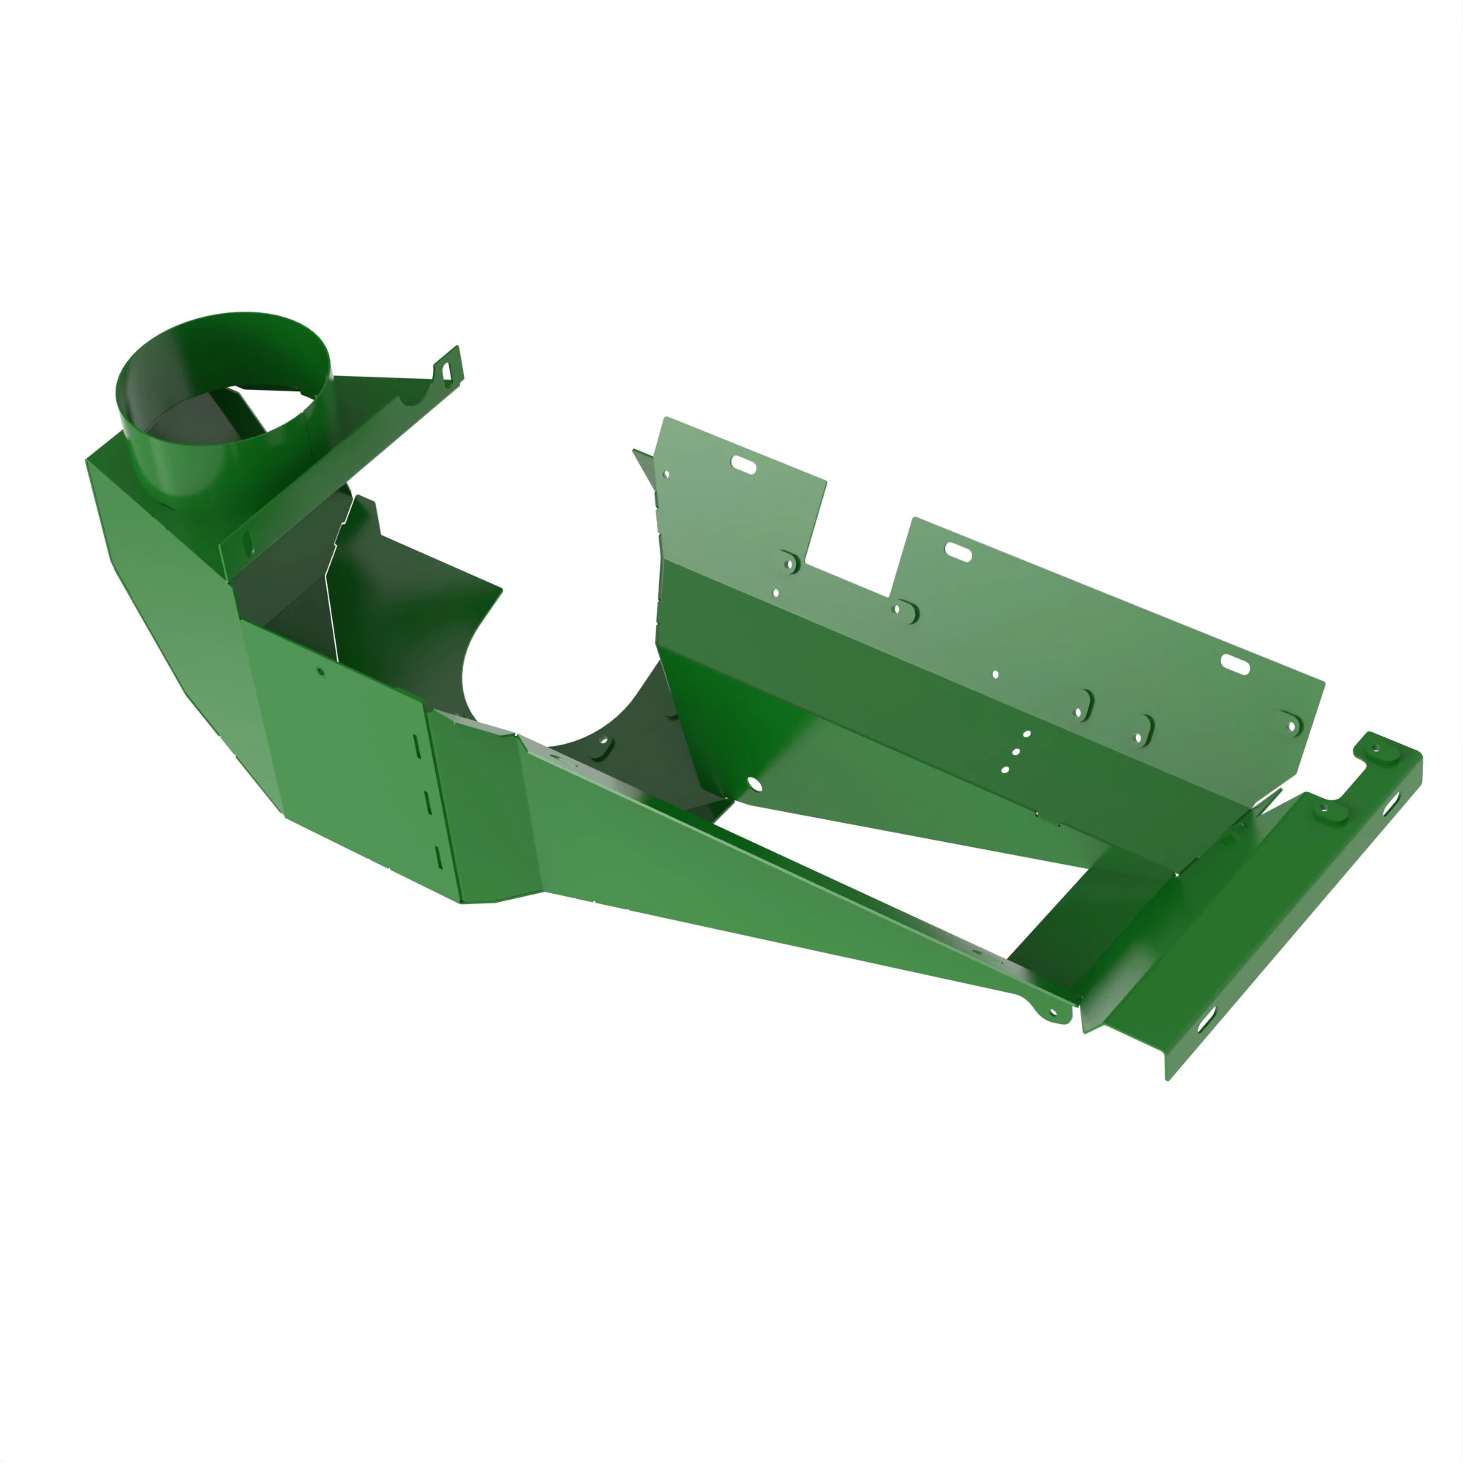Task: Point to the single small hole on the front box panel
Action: click(321, 672)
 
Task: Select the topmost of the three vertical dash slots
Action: click(415, 745)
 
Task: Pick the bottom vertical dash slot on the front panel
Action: click(438, 857)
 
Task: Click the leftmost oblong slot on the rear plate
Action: click(743, 465)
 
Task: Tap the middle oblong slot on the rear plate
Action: click(958, 552)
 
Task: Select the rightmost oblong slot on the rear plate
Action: click(1234, 664)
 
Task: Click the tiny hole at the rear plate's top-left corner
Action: click(666, 475)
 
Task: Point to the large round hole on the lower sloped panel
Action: click(753, 783)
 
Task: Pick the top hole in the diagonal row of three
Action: click(1027, 734)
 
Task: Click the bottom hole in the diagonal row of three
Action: click(1005, 770)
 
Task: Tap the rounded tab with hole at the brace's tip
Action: click(1053, 1013)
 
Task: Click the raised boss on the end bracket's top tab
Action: click(1375, 751)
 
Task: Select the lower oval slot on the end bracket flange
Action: click(1205, 1024)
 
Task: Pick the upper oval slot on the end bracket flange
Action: click(1392, 809)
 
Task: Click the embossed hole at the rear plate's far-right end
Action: click(1293, 727)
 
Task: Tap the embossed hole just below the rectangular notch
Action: click(897, 609)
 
